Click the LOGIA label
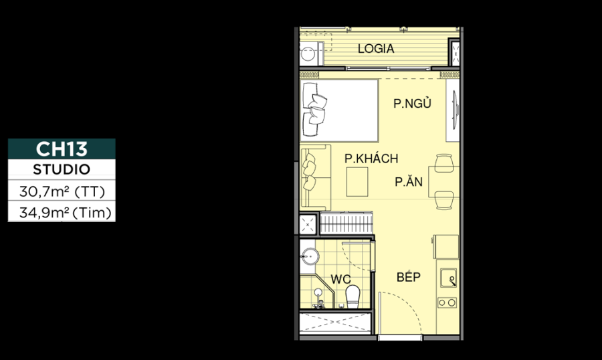pyautogui.click(x=375, y=49)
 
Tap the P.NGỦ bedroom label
pyautogui.click(x=411, y=104)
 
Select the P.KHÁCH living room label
pyautogui.click(x=371, y=159)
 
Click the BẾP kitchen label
pyautogui.click(x=408, y=276)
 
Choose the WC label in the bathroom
pyautogui.click(x=340, y=279)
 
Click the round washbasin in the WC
pyautogui.click(x=310, y=255)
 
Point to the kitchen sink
pyautogui.click(x=448, y=278)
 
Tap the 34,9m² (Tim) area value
pyautogui.click(x=62, y=213)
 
